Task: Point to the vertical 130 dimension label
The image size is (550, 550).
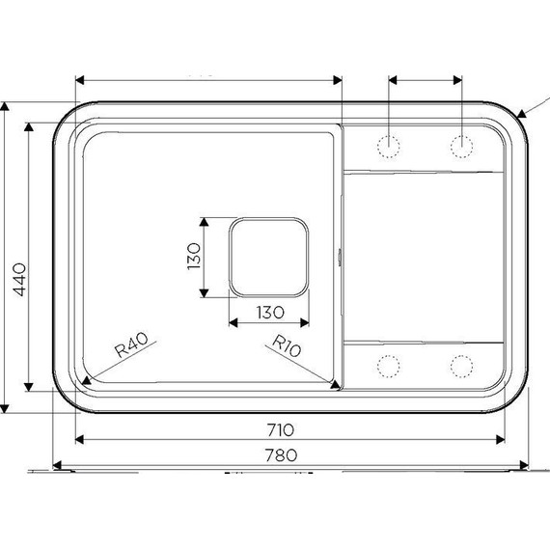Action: point(193,257)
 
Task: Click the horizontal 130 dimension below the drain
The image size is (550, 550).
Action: point(268,312)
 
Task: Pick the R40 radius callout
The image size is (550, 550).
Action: point(129,344)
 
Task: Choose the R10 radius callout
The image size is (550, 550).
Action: point(288,345)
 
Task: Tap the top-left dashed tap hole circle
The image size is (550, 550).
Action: point(389,144)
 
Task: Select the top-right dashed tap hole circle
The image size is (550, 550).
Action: point(461,144)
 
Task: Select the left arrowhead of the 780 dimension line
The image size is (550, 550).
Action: point(56,464)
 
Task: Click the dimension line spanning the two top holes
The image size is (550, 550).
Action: point(425,81)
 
